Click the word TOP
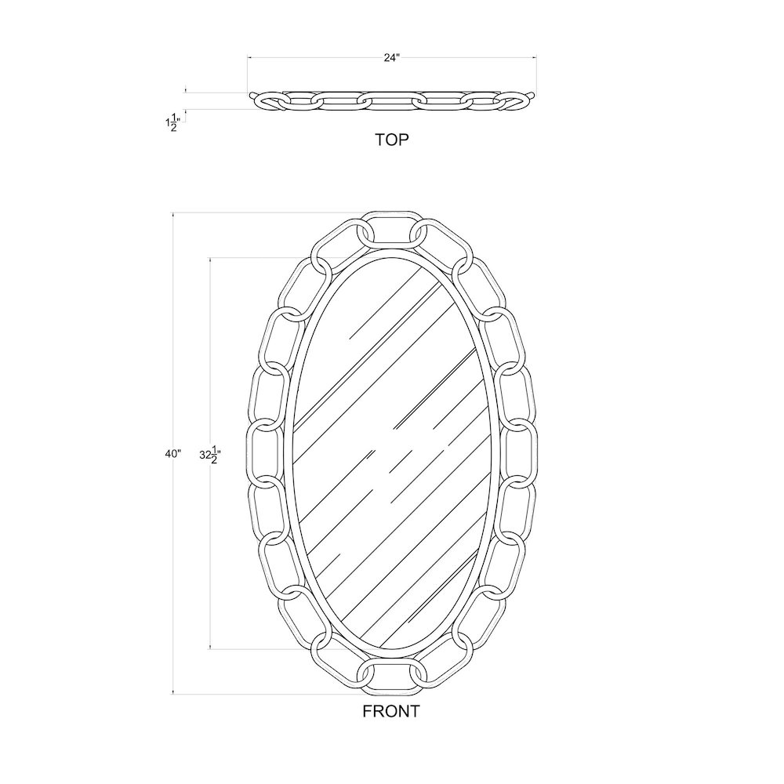pos(392,140)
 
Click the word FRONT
pos(391,712)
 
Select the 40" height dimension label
pos(173,453)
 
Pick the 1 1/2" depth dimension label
pos(171,122)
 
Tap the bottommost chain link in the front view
pos(391,678)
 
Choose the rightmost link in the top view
pos(515,100)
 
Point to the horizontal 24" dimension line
pos(314,57)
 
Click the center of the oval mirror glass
pos(391,452)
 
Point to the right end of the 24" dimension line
pos(535,57)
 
